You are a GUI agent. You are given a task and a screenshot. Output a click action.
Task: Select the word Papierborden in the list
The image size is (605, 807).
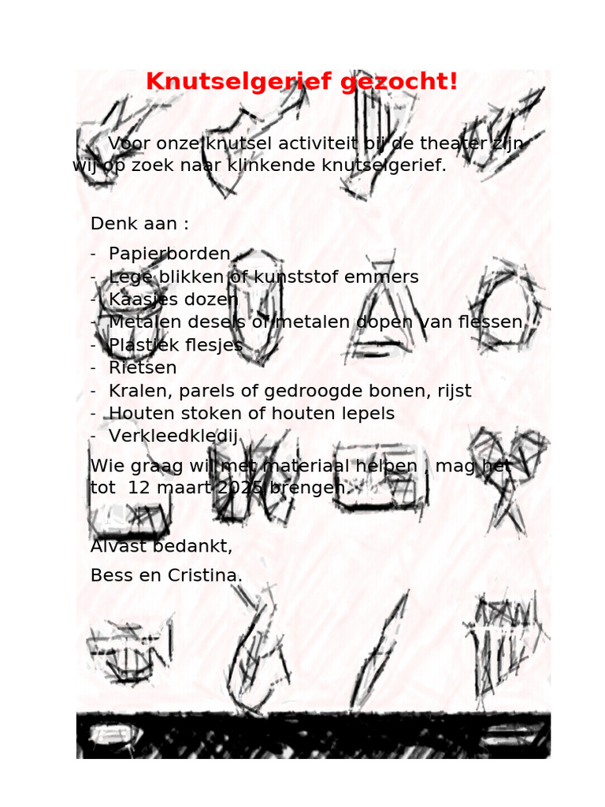169,255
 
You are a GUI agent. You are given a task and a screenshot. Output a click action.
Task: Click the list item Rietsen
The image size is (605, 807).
143,368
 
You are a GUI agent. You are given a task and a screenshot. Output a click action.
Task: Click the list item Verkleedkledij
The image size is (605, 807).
173,437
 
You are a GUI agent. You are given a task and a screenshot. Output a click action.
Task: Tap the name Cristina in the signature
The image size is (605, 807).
205,576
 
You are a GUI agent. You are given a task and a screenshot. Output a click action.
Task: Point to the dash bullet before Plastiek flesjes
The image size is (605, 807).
94,346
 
